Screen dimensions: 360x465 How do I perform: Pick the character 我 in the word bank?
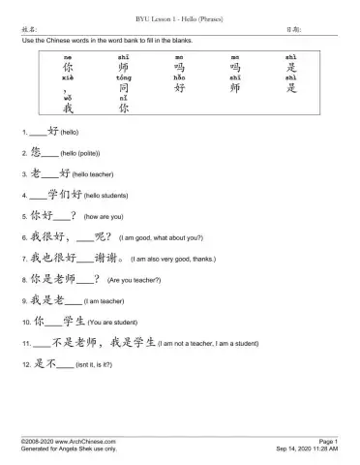pos(67,109)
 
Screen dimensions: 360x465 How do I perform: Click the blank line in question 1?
pos(39,130)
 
